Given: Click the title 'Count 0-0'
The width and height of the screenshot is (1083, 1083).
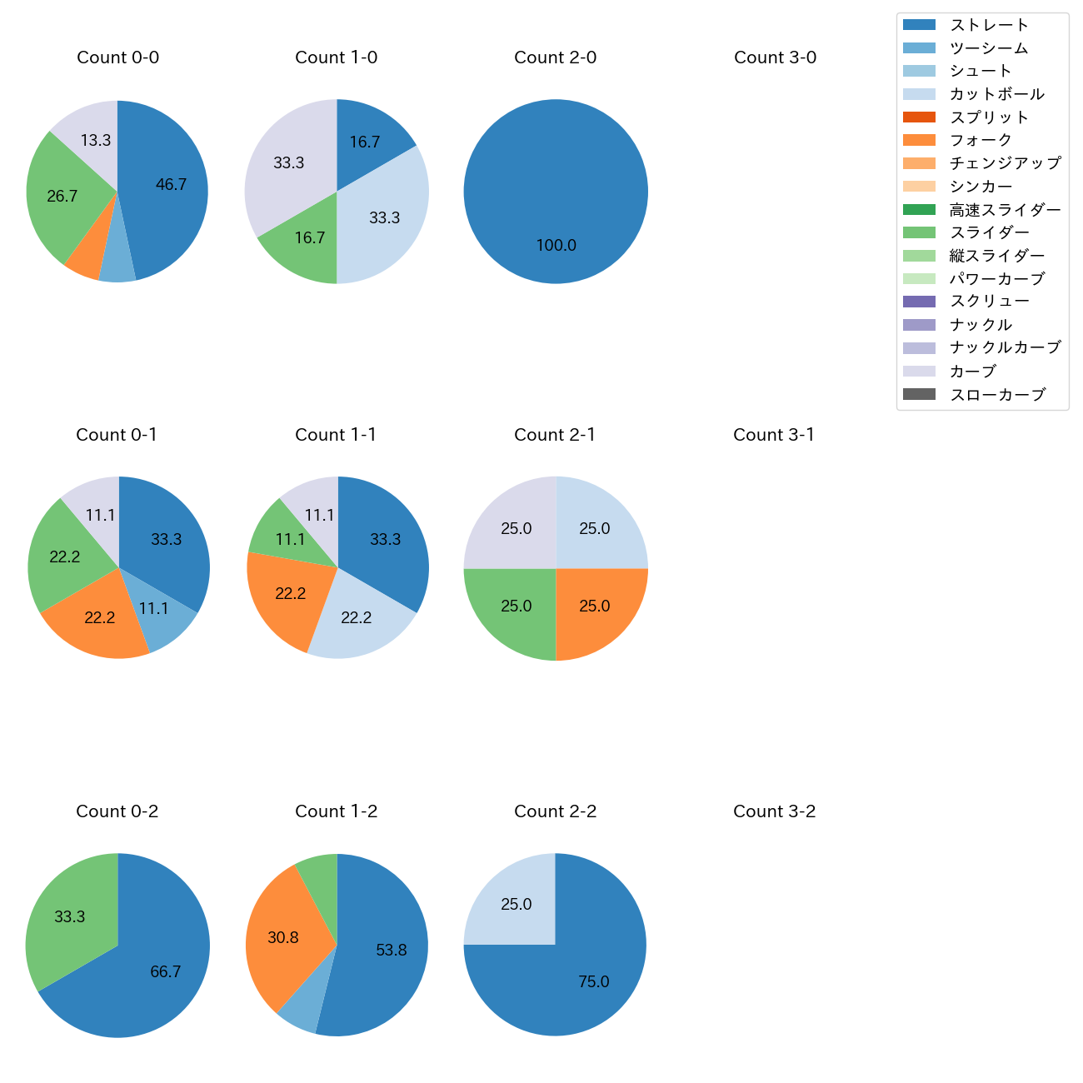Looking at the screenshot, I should (x=117, y=57).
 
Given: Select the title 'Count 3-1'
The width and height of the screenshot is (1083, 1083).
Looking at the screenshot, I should (x=774, y=435).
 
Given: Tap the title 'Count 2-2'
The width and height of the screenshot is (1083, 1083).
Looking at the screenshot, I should (x=555, y=811).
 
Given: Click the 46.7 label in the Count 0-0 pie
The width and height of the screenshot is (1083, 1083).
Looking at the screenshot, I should (x=171, y=185).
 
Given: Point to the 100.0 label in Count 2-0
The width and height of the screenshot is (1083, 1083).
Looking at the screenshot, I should (x=556, y=246).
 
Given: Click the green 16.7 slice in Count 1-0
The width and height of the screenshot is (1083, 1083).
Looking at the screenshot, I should (x=304, y=242).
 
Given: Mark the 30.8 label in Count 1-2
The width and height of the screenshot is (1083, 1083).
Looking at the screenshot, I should (x=283, y=938).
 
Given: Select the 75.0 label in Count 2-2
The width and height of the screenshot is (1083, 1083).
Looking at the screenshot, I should (x=593, y=982).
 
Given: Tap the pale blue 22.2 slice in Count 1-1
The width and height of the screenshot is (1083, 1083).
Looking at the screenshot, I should (x=358, y=621).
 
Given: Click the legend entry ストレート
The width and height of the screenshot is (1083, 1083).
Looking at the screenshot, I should (x=989, y=25).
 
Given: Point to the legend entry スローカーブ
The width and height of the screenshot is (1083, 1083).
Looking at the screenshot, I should (x=997, y=395).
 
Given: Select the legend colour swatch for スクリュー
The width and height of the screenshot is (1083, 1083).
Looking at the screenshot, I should (x=919, y=302).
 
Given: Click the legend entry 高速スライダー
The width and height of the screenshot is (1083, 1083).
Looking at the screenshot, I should (x=1005, y=210).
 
